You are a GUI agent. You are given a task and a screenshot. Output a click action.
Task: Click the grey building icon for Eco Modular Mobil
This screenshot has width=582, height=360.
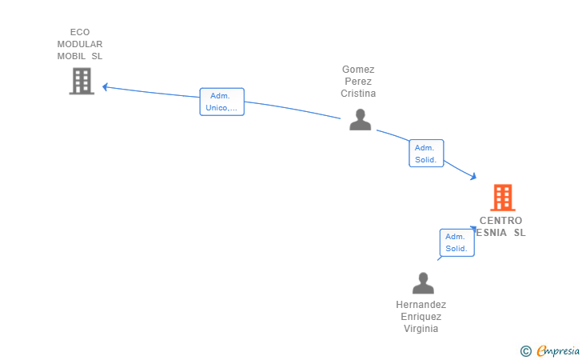coord(82,81)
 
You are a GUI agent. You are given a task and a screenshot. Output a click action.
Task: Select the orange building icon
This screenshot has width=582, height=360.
coord(503,198)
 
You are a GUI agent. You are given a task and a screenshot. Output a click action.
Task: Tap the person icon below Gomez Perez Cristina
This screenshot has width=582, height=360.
coord(360,120)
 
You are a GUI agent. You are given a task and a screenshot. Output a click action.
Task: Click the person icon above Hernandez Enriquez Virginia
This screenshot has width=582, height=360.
coord(423,283)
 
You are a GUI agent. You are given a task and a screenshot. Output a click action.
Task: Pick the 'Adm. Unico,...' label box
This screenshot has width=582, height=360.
coord(222,102)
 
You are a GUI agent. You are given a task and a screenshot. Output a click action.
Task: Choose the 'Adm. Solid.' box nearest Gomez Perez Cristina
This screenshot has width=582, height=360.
coord(426,154)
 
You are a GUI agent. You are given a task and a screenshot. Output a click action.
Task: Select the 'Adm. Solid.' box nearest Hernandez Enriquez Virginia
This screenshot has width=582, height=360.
coord(457,242)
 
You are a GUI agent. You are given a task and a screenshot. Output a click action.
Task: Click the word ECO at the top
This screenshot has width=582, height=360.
coord(80,32)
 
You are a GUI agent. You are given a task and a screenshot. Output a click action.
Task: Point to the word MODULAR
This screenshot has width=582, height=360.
coord(80,44)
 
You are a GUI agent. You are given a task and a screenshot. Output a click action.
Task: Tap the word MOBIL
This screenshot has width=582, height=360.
coord(71,56)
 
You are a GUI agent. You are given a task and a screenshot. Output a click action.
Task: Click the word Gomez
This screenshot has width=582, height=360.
coord(358,70)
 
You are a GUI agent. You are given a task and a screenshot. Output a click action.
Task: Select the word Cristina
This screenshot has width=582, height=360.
coord(358,94)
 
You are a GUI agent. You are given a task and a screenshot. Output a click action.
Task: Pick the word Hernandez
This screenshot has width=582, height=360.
coord(421,305)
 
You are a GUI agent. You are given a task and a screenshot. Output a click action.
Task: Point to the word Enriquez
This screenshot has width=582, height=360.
coord(421,317)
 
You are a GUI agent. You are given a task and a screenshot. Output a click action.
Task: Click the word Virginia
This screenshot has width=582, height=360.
coord(421,329)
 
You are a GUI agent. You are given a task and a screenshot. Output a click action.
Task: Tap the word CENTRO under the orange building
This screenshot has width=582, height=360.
coord(500,221)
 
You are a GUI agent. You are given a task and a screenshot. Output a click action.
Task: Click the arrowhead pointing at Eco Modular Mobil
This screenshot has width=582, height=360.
coord(105,87)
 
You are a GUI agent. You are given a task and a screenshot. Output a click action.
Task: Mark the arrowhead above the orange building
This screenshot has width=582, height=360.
coord(473,176)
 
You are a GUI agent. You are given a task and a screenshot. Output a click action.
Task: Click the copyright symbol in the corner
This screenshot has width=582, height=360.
coord(525,351)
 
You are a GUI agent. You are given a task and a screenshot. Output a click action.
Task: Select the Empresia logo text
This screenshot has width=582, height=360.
coord(558,350)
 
